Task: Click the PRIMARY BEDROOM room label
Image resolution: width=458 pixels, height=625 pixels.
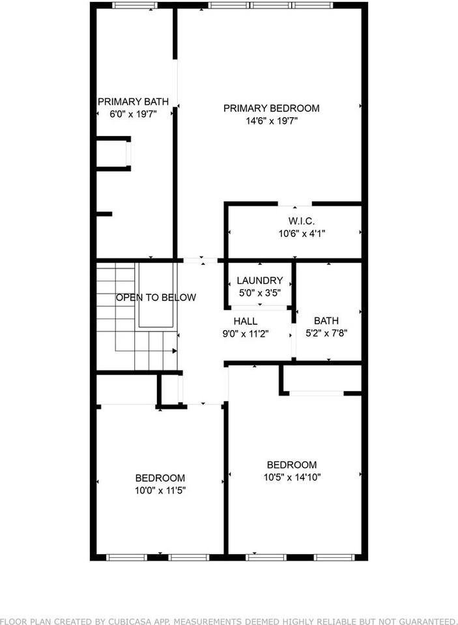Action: point(271,108)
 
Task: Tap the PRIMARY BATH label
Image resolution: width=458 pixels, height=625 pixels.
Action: point(133,102)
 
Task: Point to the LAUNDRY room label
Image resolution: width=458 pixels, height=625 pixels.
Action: point(259,281)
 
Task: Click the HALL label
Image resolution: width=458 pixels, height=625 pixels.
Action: point(245,321)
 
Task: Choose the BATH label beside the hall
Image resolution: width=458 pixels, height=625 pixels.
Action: point(326,320)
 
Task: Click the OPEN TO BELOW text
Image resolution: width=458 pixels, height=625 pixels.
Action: point(156,298)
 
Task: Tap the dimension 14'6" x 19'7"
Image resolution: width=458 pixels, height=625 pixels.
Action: point(271,120)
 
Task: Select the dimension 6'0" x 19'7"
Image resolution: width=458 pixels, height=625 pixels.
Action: point(133,114)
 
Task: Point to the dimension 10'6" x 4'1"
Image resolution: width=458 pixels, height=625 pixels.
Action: point(302,233)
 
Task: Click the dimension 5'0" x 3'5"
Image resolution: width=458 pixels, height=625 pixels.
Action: point(259,292)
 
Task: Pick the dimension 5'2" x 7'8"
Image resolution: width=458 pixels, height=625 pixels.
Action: point(326,333)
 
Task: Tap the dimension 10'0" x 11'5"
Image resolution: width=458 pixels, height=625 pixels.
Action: point(160,490)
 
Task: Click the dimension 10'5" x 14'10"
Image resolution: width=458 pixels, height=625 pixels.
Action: point(291,477)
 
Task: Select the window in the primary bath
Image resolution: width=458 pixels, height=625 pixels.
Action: point(134,5)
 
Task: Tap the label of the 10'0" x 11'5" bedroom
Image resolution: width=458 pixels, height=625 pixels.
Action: point(160,477)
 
